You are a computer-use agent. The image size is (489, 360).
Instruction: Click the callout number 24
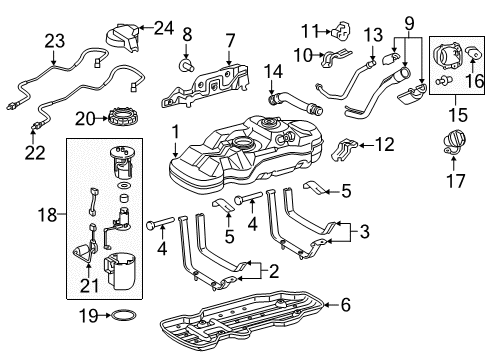tap(164, 28)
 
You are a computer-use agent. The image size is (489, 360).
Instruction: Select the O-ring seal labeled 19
tap(123, 315)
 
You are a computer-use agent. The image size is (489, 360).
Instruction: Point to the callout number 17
tap(455, 181)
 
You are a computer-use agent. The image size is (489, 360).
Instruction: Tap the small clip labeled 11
tap(341, 30)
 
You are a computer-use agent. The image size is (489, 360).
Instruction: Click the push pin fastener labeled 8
tap(187, 65)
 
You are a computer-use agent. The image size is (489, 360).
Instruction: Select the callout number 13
tap(373, 35)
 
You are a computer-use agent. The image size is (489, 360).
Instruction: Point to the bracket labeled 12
tap(345, 148)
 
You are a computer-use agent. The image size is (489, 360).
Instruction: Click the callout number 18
tap(47, 215)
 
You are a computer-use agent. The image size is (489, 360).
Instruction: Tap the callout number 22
tap(35, 153)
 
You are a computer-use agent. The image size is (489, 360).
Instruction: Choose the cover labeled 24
tap(123, 38)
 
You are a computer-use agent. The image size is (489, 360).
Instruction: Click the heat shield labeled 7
tap(206, 86)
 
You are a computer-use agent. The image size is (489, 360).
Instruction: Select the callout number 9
tap(409, 23)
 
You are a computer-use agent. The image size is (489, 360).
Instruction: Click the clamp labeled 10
tap(336, 57)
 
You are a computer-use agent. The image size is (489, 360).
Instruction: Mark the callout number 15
tap(458, 115)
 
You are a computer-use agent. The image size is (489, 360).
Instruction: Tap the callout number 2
tap(274, 271)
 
